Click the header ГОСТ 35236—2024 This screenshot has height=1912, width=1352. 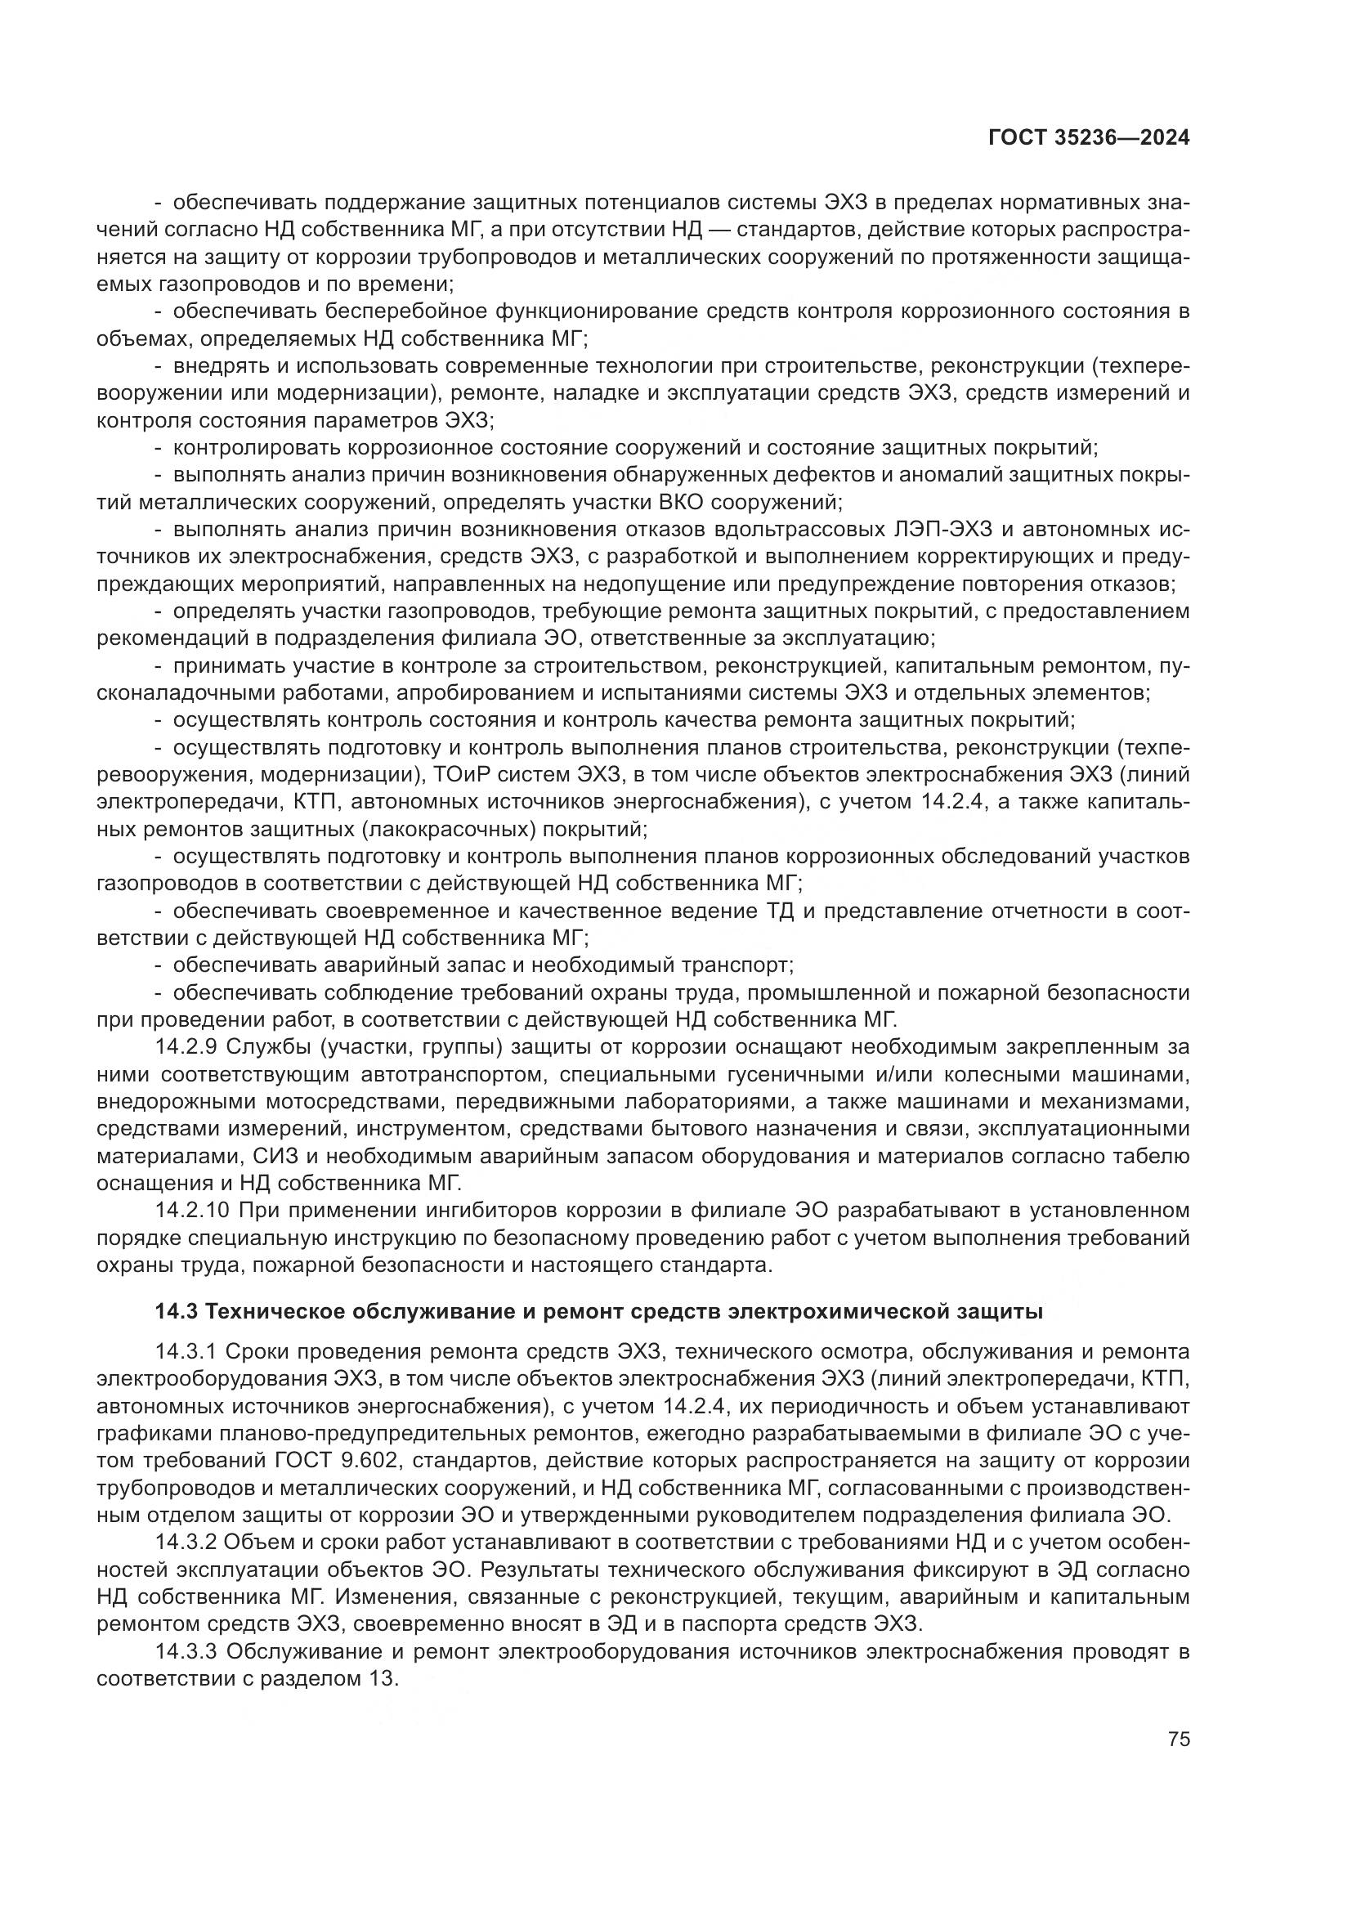click(x=1088, y=138)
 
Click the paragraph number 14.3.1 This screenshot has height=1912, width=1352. click(x=185, y=1350)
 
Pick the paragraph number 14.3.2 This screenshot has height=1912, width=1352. click(x=185, y=1541)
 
